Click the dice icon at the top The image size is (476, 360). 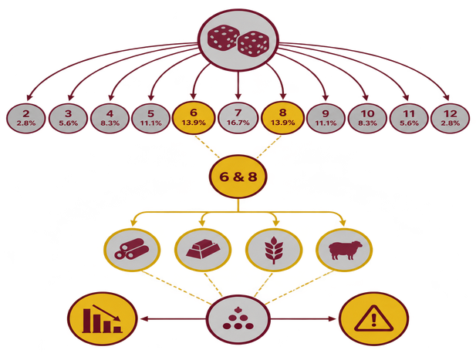pyautogui.click(x=238, y=40)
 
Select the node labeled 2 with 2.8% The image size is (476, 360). pyautogui.click(x=26, y=118)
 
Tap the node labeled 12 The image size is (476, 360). pyautogui.click(x=450, y=118)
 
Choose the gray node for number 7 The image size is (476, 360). pyautogui.click(x=238, y=118)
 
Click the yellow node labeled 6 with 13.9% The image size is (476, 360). pyautogui.click(x=194, y=117)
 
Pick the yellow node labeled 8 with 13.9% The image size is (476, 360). pyautogui.click(x=282, y=117)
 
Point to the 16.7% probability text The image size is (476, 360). pyautogui.click(x=238, y=123)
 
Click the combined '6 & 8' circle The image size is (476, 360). pyautogui.click(x=238, y=177)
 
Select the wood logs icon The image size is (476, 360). pyautogui.click(x=132, y=248)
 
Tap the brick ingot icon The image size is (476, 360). pyautogui.click(x=203, y=249)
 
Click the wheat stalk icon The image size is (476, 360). pyautogui.click(x=274, y=250)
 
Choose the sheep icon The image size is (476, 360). pyautogui.click(x=345, y=251)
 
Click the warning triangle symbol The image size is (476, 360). pyautogui.click(x=373, y=318)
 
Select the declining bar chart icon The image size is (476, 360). pyautogui.click(x=103, y=318)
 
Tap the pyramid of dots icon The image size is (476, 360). pyautogui.click(x=238, y=318)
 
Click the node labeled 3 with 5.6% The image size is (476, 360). pyautogui.click(x=68, y=118)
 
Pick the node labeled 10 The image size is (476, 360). pyautogui.click(x=367, y=118)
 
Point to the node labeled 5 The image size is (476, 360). pyautogui.click(x=151, y=118)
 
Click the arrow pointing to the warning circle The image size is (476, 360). pyautogui.click(x=303, y=318)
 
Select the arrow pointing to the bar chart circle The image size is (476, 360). pyautogui.click(x=173, y=318)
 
